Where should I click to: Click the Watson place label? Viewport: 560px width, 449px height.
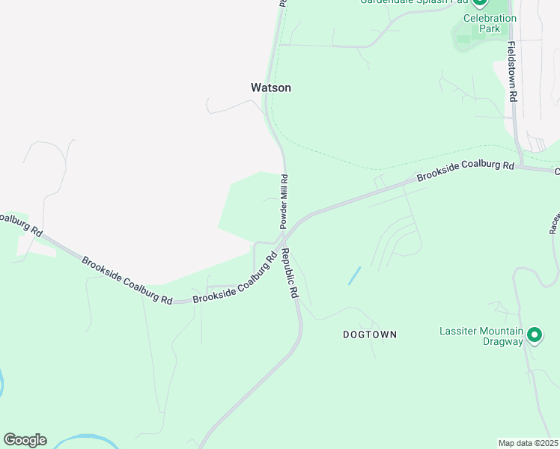tap(270, 88)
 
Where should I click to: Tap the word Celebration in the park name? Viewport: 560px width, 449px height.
tap(490, 18)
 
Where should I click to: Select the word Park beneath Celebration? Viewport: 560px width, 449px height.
tap(490, 28)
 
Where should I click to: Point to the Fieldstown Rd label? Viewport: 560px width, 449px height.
tap(512, 71)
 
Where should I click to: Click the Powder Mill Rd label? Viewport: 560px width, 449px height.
tap(284, 201)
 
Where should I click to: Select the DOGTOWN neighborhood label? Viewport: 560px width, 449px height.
tap(370, 335)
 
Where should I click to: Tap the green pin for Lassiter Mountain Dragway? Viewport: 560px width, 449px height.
tap(535, 335)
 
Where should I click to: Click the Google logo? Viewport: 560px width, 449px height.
tap(25, 440)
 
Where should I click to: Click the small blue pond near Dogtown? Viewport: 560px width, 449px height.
tap(354, 275)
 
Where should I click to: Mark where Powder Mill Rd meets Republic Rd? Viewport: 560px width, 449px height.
tap(284, 238)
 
